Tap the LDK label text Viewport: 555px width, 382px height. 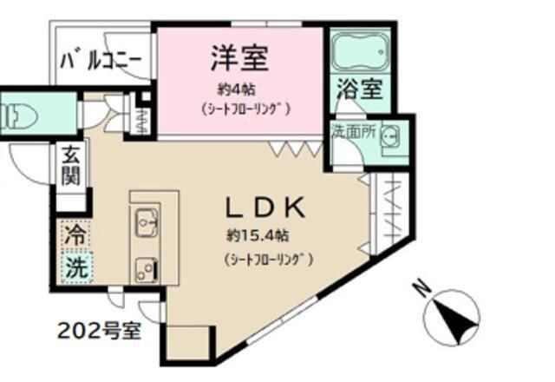point(264,208)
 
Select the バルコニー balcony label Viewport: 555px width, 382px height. point(102,62)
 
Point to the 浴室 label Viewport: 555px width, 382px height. point(357,89)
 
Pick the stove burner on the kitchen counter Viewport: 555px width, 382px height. point(143,267)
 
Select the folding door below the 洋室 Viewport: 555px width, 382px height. point(290,149)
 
